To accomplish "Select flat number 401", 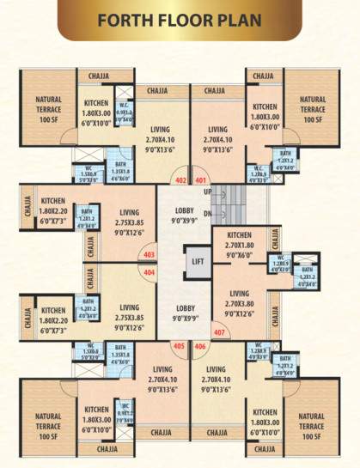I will pos(201,181).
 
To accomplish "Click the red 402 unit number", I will pos(180,181).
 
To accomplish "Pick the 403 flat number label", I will pos(149,255).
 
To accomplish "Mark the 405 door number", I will pos(179,347).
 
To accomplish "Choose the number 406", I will pos(200,347).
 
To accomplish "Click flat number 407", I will pos(220,332).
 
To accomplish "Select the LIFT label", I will pos(198,261).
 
